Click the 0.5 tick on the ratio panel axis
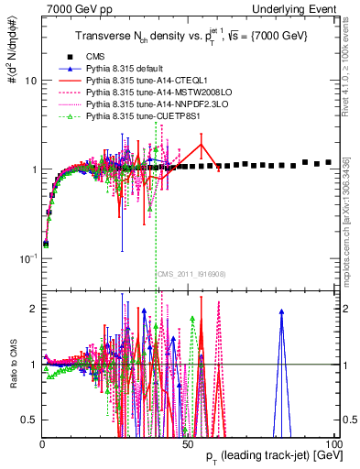27,420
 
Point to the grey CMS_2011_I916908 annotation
191,274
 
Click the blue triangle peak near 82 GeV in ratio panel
281,312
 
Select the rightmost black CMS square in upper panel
329,162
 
